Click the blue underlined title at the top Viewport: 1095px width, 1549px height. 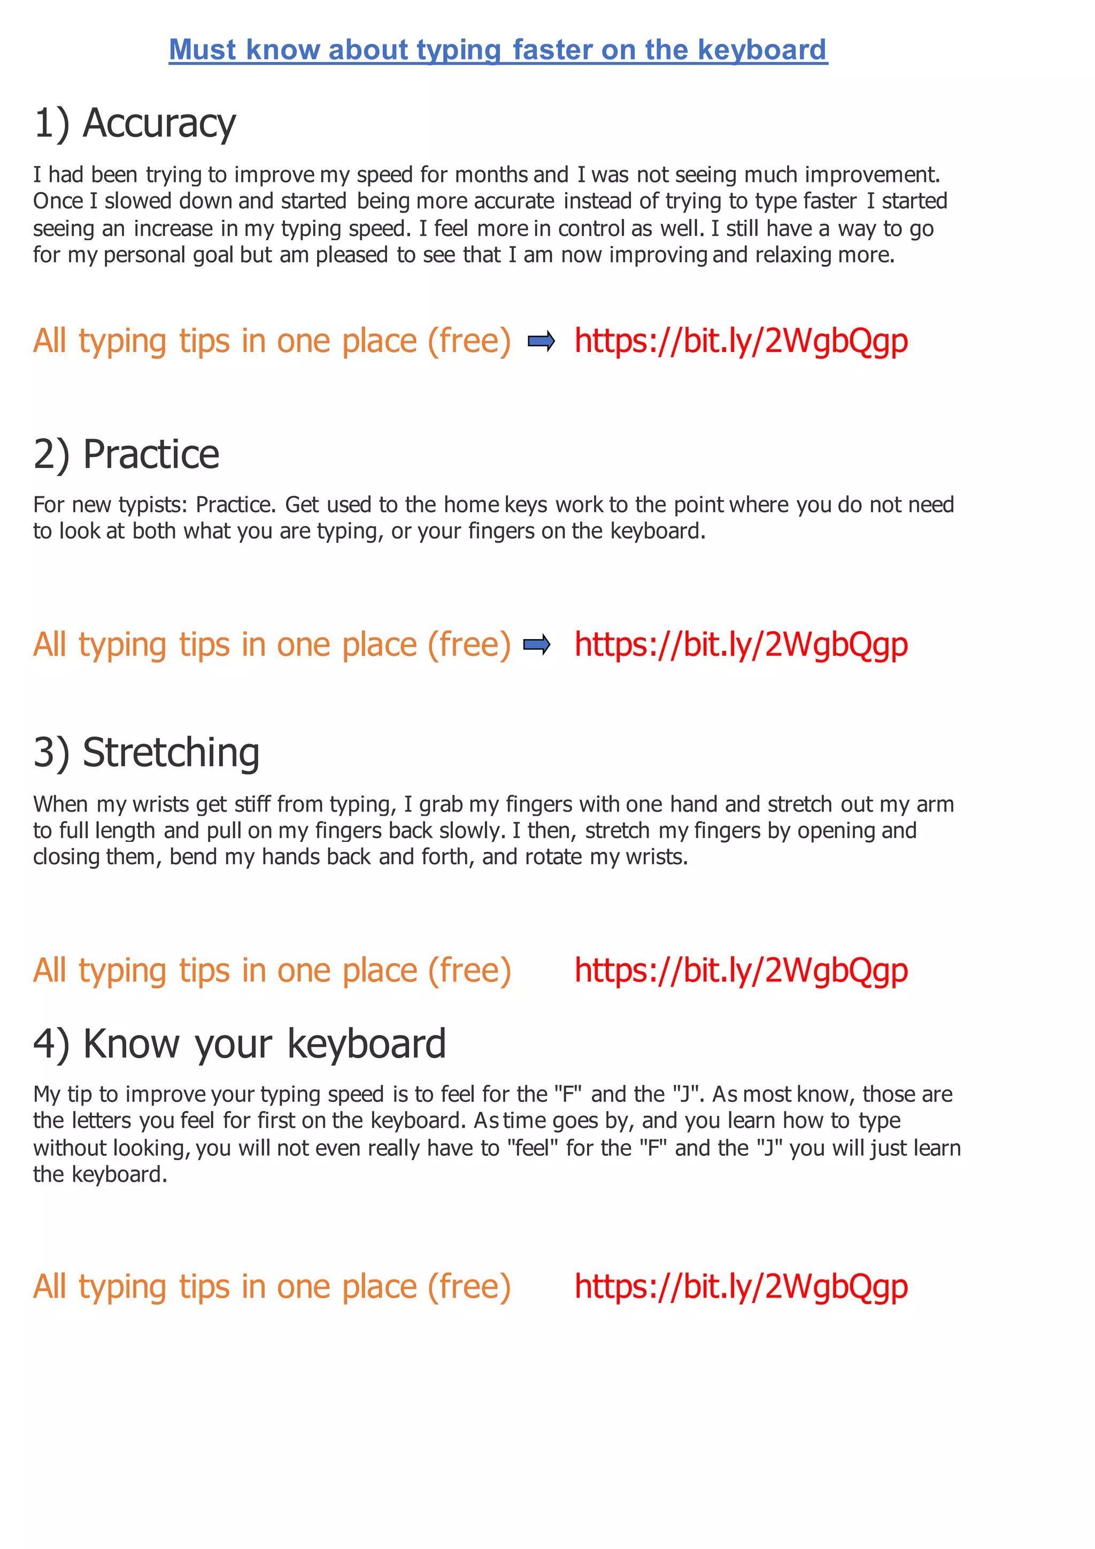point(498,50)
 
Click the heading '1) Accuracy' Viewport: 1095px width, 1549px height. point(135,124)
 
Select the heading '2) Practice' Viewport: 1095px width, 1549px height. point(127,454)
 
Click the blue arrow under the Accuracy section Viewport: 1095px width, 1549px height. point(541,341)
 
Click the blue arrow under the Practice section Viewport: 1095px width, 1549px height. point(537,645)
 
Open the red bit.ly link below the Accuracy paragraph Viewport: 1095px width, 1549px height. point(741,341)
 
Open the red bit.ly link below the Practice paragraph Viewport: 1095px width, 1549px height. point(741,645)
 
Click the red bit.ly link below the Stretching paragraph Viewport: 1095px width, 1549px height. point(741,970)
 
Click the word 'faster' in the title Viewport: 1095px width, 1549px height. point(552,50)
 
